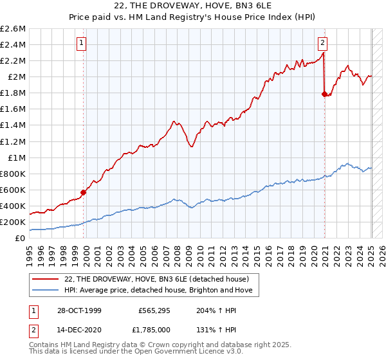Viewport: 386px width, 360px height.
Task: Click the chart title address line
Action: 192,6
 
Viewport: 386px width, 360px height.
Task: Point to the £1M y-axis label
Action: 15,157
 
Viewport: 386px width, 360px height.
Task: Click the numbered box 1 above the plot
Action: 82,44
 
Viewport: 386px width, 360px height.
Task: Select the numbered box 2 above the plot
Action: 322,44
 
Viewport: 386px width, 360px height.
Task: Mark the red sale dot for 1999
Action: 83,192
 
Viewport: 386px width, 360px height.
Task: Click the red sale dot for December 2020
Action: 324,94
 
